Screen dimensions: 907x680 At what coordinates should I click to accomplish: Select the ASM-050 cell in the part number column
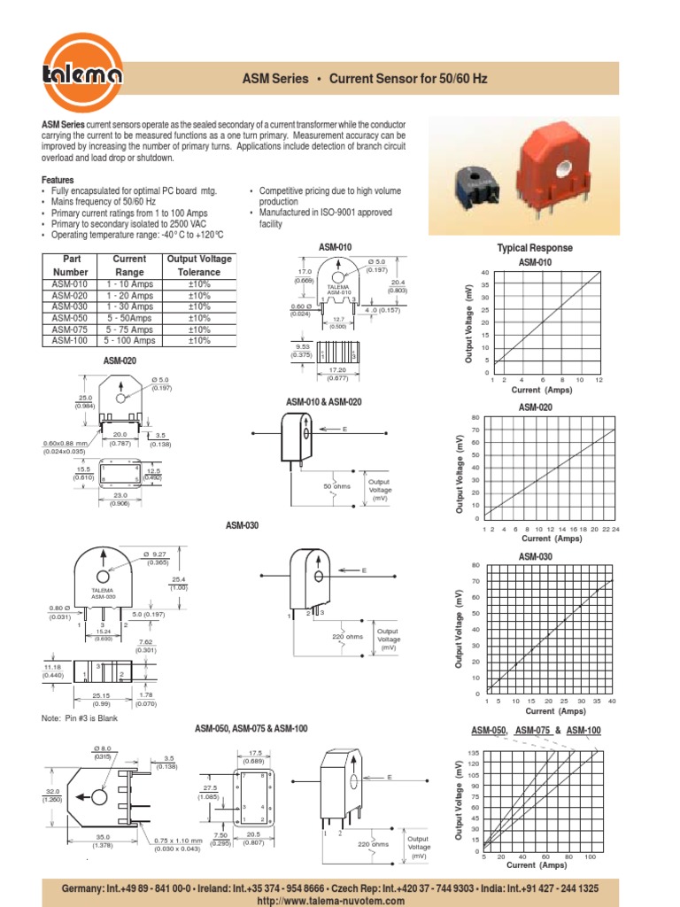coord(70,317)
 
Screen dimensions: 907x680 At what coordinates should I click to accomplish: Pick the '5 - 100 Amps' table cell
coord(129,340)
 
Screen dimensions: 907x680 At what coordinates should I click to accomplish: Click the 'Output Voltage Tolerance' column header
coord(199,266)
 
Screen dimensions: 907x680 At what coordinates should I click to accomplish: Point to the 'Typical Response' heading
coord(535,248)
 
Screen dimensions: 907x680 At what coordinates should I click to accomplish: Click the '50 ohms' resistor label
coord(337,487)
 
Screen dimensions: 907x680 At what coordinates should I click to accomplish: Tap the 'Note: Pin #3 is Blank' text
coord(80,718)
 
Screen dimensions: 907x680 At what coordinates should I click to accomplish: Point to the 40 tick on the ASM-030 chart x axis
coord(612,702)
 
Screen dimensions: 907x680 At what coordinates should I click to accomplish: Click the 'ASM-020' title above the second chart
coord(535,407)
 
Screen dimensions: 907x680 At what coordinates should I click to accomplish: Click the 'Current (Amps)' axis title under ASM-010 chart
coord(542,390)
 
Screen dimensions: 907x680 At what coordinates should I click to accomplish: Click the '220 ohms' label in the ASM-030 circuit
coord(348,637)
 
